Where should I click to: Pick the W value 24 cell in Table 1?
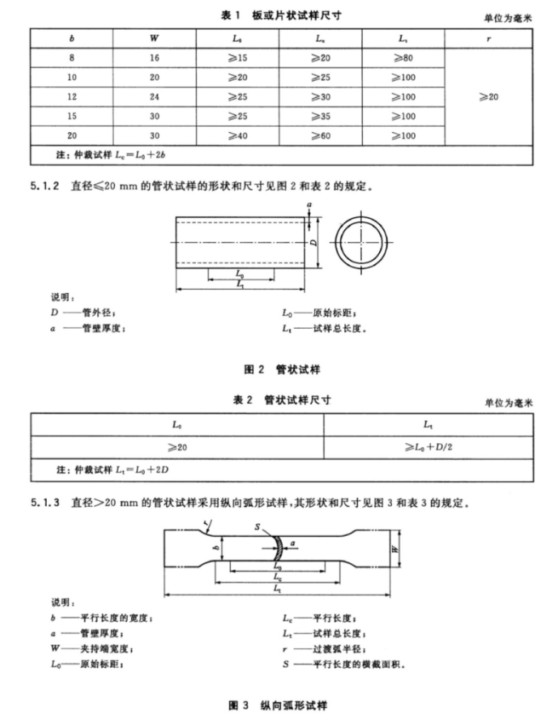coord(154,96)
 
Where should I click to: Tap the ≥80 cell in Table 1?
coord(404,58)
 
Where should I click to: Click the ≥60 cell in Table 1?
coord(320,135)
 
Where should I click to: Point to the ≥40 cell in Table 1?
coord(238,135)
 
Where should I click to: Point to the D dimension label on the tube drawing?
coord(314,244)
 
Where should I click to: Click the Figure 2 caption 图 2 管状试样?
coord(282,370)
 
